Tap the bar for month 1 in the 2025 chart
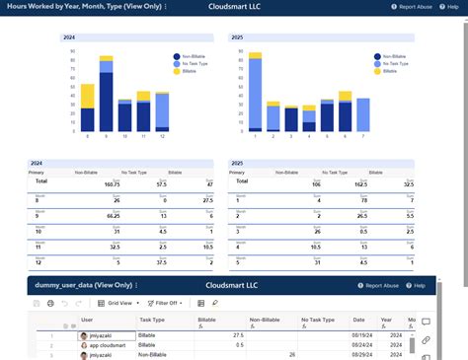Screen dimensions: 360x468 (x=256, y=95)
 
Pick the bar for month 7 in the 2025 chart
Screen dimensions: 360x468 (x=363, y=114)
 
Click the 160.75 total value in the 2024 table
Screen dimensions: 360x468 (x=112, y=183)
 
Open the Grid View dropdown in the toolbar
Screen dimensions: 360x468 (x=122, y=303)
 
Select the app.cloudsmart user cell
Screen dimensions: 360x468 (x=107, y=346)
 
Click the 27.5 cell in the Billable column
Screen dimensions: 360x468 (x=237, y=335)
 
